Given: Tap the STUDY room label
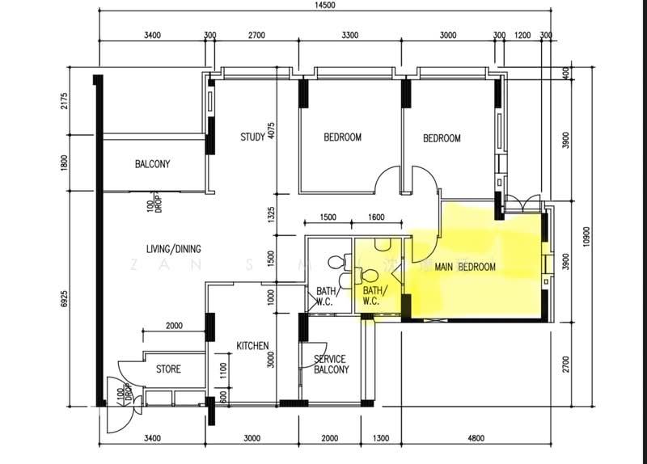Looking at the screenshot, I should tap(252, 137).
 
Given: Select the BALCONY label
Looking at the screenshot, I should tap(152, 165).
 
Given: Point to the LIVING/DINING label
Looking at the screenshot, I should tap(173, 248).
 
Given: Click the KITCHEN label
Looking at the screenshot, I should tap(252, 346).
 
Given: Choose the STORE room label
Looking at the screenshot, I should tap(168, 369).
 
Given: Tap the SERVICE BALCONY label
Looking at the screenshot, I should tap(330, 365).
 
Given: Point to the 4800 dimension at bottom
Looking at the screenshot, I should tap(476, 439).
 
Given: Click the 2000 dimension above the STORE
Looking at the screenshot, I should tap(173, 326).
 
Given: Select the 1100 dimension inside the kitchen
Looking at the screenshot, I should tap(224, 373).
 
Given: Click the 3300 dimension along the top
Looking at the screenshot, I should tap(350, 36).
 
